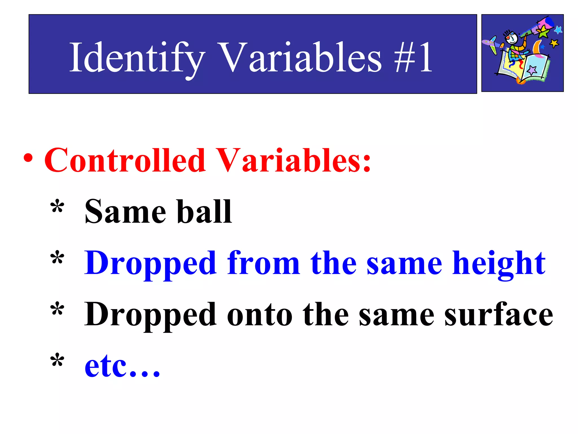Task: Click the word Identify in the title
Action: pos(137,58)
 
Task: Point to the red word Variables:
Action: pos(294,160)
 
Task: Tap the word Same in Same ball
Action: pos(125,212)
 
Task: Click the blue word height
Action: pos(499,264)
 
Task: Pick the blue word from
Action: pos(263,263)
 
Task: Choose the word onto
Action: pos(260,315)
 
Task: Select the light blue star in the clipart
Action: pos(558,29)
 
